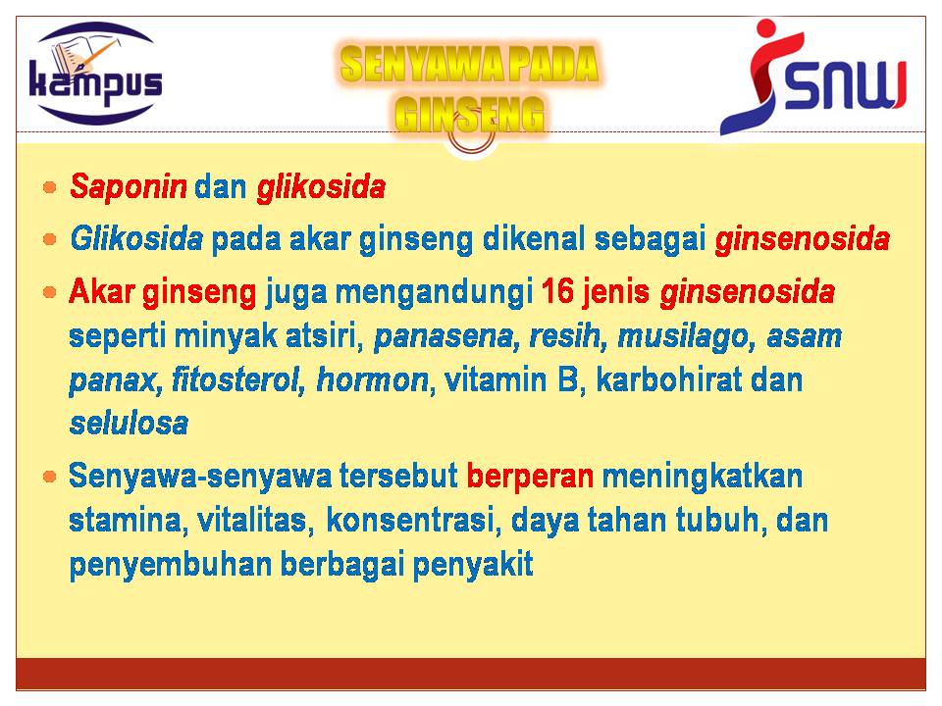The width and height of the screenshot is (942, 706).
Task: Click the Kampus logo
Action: [96, 74]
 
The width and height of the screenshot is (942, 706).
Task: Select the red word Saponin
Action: [129, 186]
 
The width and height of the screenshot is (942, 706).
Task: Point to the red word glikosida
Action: [321, 186]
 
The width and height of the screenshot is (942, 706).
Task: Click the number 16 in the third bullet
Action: [557, 292]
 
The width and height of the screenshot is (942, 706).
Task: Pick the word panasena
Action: [444, 336]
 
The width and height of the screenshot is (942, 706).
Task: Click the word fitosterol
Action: [235, 380]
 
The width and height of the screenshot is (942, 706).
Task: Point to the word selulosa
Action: [129, 424]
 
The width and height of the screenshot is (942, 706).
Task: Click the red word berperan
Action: [530, 477]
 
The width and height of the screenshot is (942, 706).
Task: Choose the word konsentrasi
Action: [410, 520]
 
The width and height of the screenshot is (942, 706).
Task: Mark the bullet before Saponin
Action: [50, 187]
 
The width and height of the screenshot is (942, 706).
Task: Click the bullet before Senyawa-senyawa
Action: [50, 477]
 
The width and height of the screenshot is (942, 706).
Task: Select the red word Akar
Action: [101, 292]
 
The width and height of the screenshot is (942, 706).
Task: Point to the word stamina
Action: [125, 521]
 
